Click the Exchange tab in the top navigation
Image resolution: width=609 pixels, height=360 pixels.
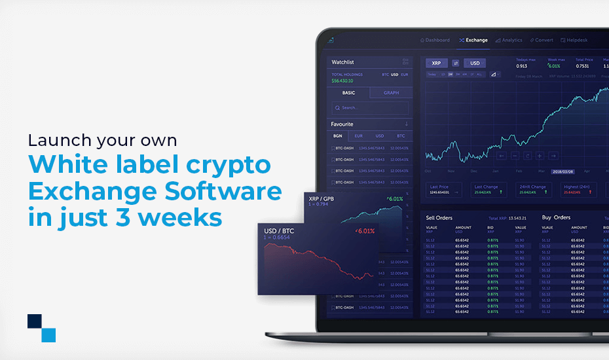pos(473,40)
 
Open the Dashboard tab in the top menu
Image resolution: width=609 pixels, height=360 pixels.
pos(435,40)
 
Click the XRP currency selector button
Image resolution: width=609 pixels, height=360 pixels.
pos(436,63)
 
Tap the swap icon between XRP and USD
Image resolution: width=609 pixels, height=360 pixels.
pos(456,63)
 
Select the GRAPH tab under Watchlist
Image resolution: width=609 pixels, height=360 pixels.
pos(392,93)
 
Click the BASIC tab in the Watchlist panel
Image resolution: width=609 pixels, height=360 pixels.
pos(348,93)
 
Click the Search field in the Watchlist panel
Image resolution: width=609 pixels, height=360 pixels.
pos(370,108)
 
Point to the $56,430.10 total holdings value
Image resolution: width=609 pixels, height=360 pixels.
pos(342,81)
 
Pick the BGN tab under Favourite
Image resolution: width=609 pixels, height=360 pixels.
pos(338,136)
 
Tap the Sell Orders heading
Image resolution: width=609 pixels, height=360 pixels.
pos(439,217)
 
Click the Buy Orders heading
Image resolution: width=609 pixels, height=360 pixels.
pos(556,217)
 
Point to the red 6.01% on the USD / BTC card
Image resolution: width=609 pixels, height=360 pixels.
pos(364,231)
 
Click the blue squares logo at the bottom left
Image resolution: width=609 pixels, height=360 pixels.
pos(41,328)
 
